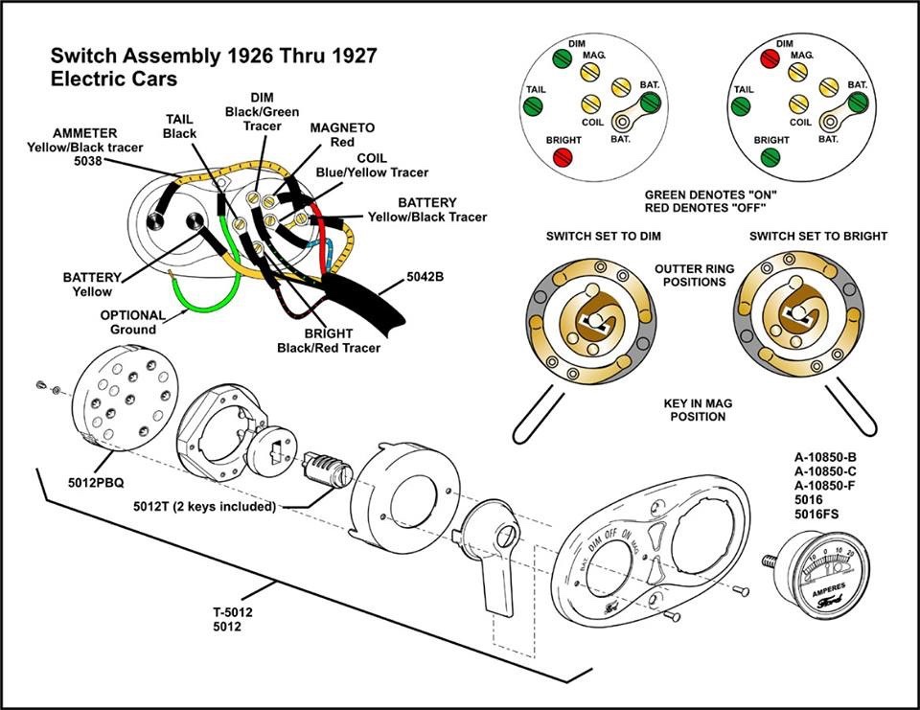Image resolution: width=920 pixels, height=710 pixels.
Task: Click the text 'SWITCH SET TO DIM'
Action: (x=603, y=236)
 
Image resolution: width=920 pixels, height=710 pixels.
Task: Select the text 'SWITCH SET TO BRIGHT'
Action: (x=817, y=236)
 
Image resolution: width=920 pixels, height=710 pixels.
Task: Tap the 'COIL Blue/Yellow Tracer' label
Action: (x=372, y=166)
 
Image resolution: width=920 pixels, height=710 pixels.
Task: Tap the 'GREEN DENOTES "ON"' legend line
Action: (x=710, y=195)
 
